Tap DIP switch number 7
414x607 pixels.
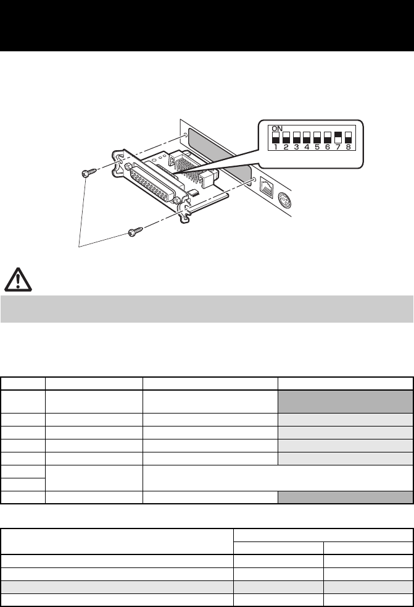[337, 137]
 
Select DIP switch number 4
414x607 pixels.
[307, 137]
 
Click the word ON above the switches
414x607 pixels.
[278, 127]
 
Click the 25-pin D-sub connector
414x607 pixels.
[154, 186]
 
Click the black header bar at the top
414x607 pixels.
[207, 25]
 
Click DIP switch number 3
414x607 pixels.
[297, 137]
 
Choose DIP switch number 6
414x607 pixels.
[327, 137]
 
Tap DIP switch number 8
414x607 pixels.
[348, 137]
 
